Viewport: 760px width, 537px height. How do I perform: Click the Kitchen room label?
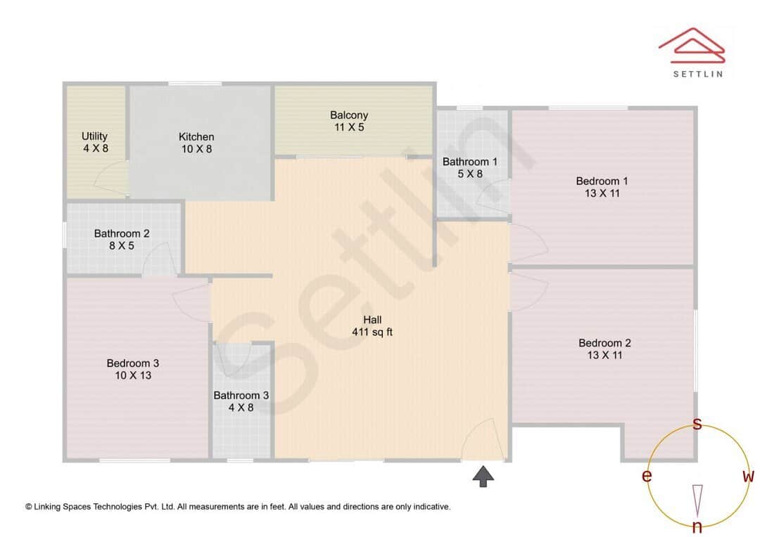(196, 136)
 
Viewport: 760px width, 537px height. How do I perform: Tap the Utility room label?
(94, 136)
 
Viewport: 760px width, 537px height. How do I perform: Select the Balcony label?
(349, 115)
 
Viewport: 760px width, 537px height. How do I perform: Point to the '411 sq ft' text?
(372, 332)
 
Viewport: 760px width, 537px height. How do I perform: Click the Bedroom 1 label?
(602, 181)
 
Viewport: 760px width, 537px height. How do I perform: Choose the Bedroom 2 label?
(604, 343)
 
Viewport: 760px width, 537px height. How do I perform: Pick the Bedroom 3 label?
(133, 363)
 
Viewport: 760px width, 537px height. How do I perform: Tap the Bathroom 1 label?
(470, 162)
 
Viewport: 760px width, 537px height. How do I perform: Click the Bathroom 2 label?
(122, 233)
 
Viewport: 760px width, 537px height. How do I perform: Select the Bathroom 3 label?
(241, 395)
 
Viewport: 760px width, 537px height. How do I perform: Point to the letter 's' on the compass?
(697, 424)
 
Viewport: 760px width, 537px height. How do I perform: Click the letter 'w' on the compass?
(748, 477)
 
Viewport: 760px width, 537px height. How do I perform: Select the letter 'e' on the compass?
(646, 477)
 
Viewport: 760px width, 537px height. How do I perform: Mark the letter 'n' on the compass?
(697, 527)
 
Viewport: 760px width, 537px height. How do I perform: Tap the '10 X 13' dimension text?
(133, 375)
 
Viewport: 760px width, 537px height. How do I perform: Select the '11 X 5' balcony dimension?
(349, 127)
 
